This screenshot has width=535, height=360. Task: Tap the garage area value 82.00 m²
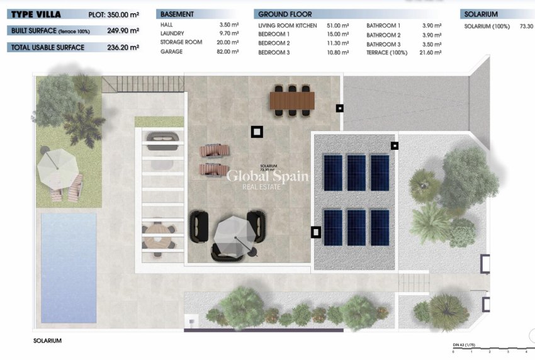point(228,52)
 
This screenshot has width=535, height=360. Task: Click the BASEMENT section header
point(177,14)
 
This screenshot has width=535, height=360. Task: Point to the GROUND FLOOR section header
point(285,14)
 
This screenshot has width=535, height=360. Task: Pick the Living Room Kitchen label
point(287,26)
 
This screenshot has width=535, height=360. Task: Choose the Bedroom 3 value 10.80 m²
point(337,52)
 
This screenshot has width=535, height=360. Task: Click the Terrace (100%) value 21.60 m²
point(432,52)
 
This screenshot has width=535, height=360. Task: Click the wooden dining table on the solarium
point(292,100)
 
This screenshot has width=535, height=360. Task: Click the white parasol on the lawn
point(57,168)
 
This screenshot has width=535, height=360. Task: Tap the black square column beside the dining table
point(339,108)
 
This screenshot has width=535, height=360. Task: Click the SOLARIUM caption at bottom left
point(48,340)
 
